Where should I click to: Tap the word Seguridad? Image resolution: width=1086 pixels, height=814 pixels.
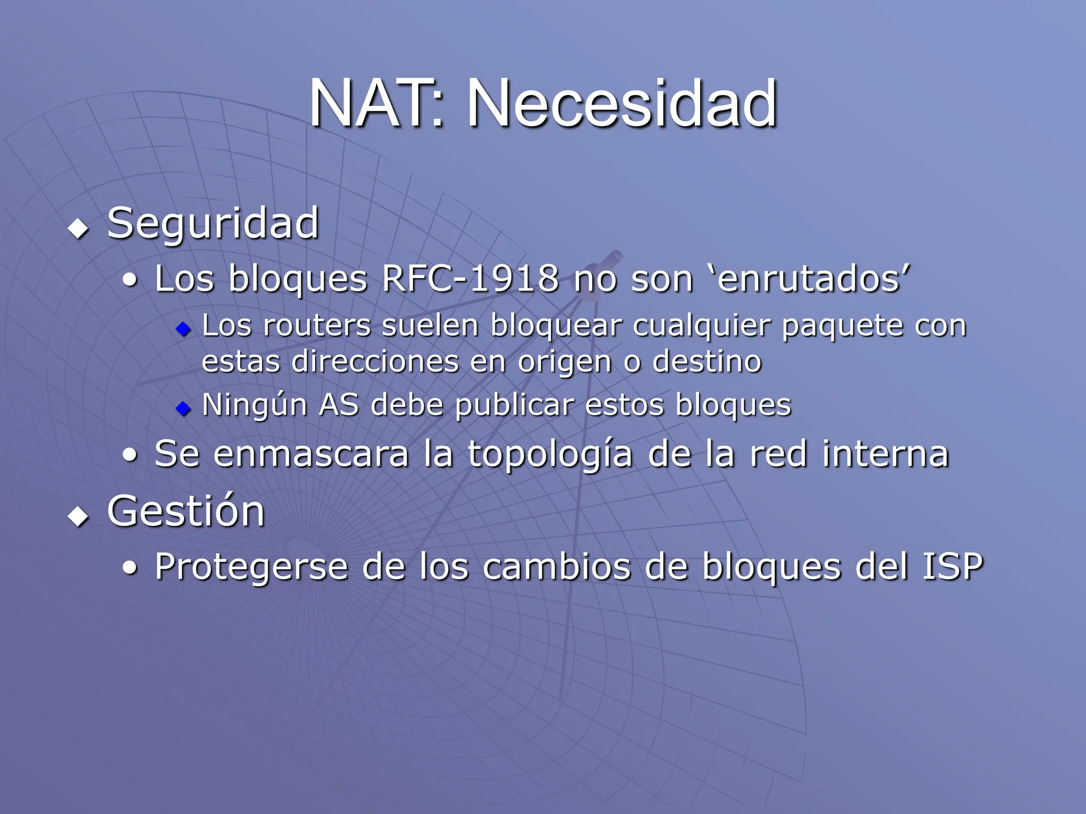[213, 224]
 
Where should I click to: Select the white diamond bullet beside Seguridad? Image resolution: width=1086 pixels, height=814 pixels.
[78, 229]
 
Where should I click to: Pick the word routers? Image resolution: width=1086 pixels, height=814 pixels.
[317, 325]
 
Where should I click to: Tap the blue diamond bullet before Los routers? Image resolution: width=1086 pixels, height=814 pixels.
[183, 329]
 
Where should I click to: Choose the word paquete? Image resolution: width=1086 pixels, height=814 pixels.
[843, 326]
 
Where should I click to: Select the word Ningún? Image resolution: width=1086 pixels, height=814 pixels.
[255, 406]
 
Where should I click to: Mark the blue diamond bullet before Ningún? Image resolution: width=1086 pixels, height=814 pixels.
[183, 409]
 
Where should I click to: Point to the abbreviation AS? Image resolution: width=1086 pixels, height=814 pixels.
[339, 405]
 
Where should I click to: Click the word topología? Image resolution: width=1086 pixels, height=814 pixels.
[550, 455]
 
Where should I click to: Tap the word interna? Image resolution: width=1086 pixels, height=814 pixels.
[885, 454]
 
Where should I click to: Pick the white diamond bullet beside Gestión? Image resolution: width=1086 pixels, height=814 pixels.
[78, 516]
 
